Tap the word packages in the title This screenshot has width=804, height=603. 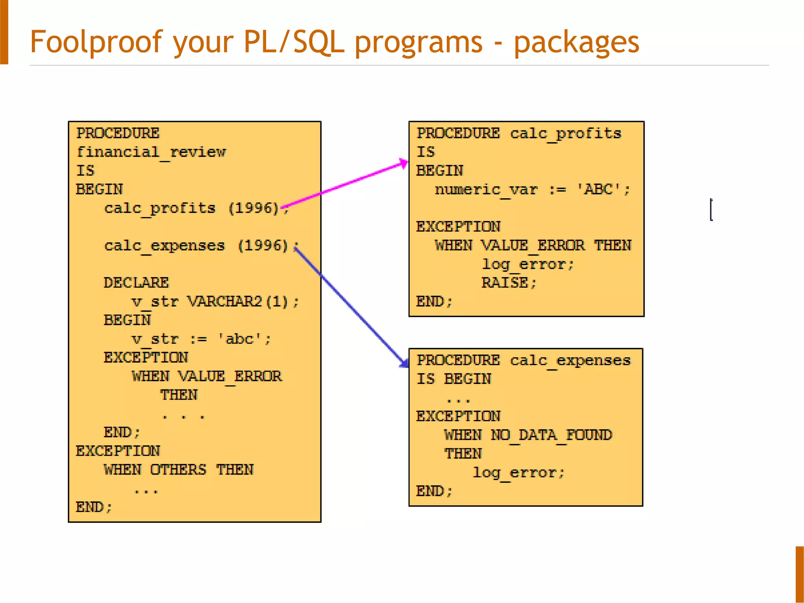pos(576,42)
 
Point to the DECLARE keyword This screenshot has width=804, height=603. pos(136,283)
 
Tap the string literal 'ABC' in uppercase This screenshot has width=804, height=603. pos(598,190)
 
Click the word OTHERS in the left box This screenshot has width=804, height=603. pos(178,470)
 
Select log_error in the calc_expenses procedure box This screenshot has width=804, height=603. pos(518,473)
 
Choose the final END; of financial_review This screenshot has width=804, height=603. pos(93,507)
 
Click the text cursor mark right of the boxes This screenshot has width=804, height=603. pos(711,210)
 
